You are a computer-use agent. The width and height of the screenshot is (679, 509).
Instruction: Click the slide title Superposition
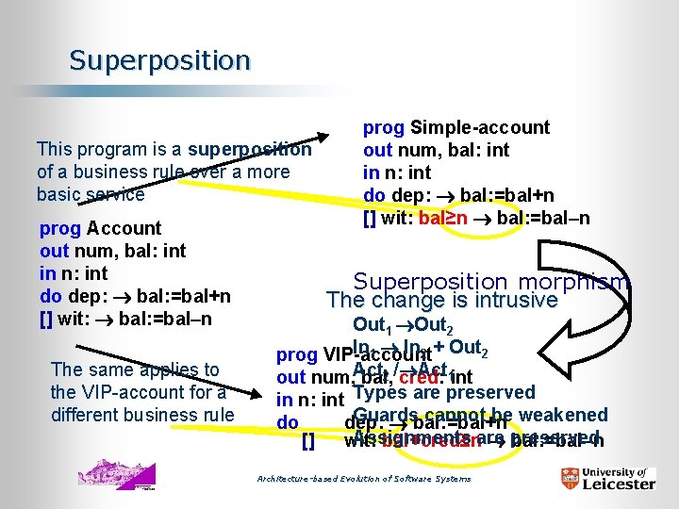point(159,61)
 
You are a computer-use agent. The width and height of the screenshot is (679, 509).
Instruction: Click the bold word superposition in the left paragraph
point(249,149)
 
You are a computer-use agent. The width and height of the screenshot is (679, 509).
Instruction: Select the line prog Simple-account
point(456,127)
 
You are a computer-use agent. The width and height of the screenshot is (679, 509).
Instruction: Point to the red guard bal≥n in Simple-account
point(444,219)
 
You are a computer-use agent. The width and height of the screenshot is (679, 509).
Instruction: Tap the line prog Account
point(101,228)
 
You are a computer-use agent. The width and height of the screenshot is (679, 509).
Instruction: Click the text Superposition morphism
point(490,281)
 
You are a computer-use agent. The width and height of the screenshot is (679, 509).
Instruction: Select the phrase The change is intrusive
point(442,301)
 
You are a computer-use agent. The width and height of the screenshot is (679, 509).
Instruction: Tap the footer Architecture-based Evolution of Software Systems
point(364,479)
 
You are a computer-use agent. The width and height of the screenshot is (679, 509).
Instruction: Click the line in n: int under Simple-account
point(397,172)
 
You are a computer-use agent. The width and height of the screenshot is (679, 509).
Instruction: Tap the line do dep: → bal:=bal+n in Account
point(135,296)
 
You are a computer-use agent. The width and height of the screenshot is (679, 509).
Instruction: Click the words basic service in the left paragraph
point(91,194)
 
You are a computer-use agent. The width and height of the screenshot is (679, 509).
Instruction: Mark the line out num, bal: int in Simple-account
point(436,150)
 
